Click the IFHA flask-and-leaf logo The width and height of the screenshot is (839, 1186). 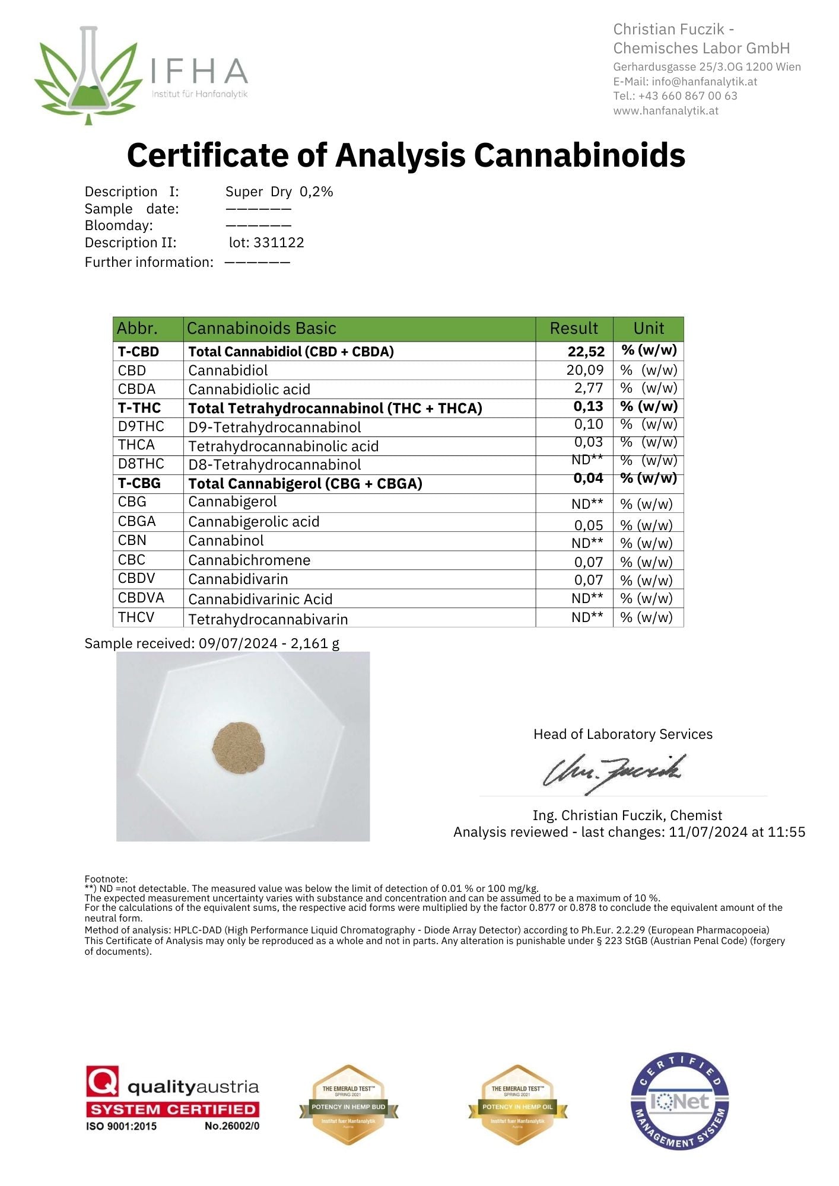[89, 74]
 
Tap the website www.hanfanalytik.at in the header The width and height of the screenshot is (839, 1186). [665, 111]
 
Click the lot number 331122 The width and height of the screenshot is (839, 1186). [278, 243]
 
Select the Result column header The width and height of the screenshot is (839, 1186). [573, 329]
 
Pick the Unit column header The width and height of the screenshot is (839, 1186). [648, 329]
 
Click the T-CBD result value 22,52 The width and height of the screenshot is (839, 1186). [586, 352]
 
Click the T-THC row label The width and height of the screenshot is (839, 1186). [139, 408]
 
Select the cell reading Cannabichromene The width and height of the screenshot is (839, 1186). [249, 560]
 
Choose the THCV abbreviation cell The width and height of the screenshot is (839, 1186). [136, 617]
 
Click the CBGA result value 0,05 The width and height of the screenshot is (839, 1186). [588, 525]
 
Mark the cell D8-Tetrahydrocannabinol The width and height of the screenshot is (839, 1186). [274, 465]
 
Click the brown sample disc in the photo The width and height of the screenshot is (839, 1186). [239, 747]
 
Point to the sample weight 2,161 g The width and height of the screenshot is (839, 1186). [314, 643]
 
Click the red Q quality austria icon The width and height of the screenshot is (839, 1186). [103, 1081]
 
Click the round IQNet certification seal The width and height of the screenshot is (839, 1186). [679, 1101]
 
